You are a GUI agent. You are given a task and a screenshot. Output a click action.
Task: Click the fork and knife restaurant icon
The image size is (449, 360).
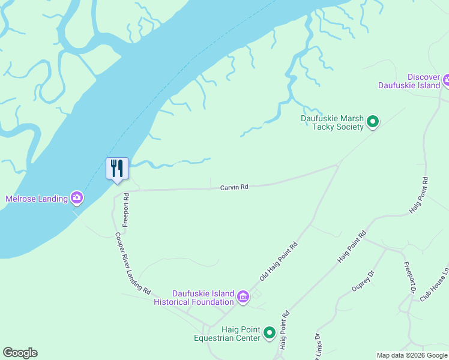click(x=117, y=168)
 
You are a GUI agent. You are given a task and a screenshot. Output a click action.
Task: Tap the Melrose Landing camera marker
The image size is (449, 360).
click(x=76, y=197)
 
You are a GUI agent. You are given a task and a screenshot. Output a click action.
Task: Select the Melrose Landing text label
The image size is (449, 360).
click(x=36, y=199)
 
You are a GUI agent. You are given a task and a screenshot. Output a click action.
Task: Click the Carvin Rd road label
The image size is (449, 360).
click(x=234, y=188)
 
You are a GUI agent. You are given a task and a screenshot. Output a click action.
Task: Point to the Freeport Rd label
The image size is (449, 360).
click(x=126, y=205)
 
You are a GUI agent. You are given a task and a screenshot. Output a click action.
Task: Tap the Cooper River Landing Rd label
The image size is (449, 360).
click(x=133, y=263)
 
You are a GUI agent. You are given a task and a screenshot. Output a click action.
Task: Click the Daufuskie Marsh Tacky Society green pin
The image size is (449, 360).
click(x=373, y=122)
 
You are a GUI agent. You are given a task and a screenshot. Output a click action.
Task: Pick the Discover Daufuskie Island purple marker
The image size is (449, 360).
click(x=447, y=80)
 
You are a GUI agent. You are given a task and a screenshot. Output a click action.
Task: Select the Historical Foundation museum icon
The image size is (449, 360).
click(x=243, y=297)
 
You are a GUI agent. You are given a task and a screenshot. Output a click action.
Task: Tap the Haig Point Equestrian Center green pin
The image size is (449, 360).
click(x=270, y=332)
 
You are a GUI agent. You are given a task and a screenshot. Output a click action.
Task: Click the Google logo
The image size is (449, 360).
click(x=20, y=353)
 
